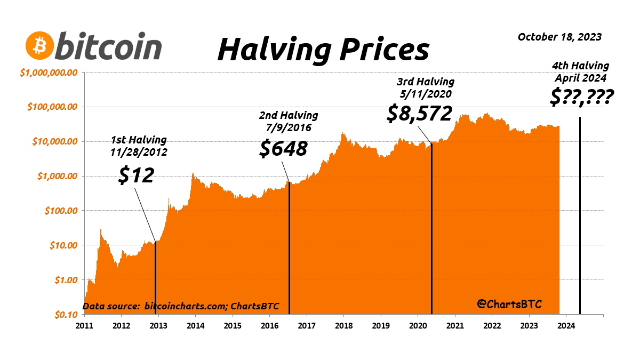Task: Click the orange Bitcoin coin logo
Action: tap(39, 46)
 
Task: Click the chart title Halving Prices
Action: tap(323, 50)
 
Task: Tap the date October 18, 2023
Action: tap(559, 37)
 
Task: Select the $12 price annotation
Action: tap(136, 175)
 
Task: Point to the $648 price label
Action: tap(283, 148)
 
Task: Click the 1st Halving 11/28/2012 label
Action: tap(139, 146)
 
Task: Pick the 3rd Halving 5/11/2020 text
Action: tap(425, 87)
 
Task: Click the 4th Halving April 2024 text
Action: tap(580, 71)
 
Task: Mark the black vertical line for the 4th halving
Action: tap(580, 213)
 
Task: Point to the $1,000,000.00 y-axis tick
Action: tap(49, 73)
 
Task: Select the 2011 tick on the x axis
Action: tap(85, 325)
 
